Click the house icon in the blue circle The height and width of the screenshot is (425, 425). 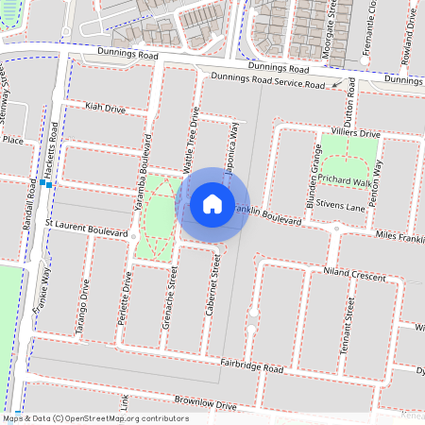point(212,204)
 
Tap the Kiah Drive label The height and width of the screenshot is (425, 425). point(105,109)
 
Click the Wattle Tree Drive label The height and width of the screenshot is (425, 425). point(188,141)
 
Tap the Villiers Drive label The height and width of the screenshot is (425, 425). point(353,134)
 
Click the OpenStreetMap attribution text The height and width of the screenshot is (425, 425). point(94,417)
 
